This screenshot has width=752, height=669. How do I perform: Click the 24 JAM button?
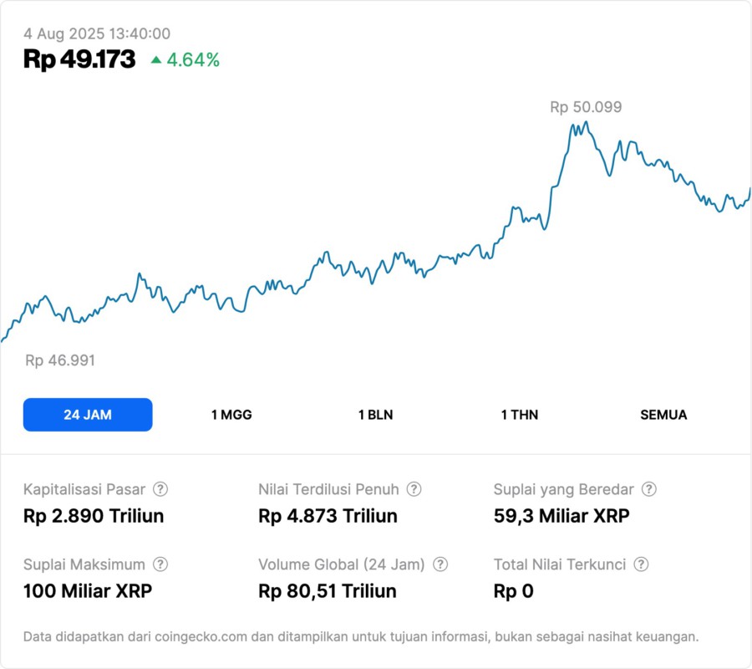click(x=88, y=415)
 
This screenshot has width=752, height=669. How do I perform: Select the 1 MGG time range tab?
click(x=231, y=415)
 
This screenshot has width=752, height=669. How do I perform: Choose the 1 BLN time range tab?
click(x=375, y=415)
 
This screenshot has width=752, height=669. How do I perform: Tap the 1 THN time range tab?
click(x=520, y=415)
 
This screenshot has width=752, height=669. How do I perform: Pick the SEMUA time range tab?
click(x=663, y=415)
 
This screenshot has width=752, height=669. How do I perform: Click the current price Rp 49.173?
click(x=79, y=59)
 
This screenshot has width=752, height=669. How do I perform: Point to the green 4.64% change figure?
click(x=193, y=60)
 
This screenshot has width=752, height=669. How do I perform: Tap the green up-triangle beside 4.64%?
click(x=155, y=60)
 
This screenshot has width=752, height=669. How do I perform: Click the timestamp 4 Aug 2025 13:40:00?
click(x=97, y=34)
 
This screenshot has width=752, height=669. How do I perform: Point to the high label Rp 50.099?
click(x=586, y=107)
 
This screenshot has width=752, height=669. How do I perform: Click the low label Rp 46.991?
click(x=60, y=360)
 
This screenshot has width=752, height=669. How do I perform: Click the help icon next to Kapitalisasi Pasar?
click(x=160, y=489)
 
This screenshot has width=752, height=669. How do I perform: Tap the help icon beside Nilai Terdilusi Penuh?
click(x=414, y=489)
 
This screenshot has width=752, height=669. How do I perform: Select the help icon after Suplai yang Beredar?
click(x=648, y=489)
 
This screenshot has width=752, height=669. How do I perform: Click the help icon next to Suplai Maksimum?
click(x=160, y=564)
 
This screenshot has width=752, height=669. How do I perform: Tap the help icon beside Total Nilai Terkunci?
click(x=641, y=564)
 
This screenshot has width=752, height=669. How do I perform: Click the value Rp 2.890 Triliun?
click(x=94, y=516)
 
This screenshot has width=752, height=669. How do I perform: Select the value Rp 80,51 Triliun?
click(x=328, y=591)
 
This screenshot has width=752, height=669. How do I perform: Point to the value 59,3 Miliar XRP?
click(x=561, y=516)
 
